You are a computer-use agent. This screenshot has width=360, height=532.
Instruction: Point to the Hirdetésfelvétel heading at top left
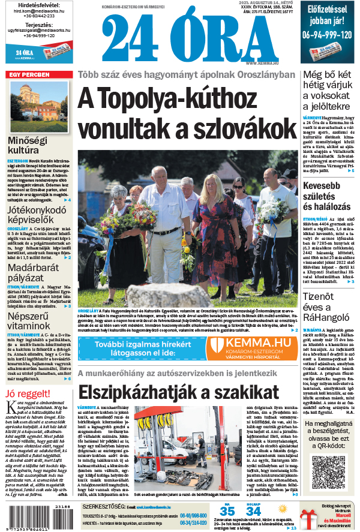pyautogui.click(x=39, y=5)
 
